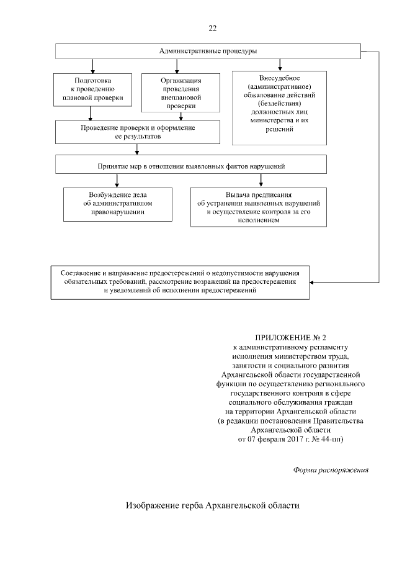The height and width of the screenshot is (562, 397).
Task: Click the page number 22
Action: [x=213, y=29]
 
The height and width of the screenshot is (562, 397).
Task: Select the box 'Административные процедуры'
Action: [x=208, y=51]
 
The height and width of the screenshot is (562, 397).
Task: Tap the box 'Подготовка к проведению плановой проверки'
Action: [x=93, y=89]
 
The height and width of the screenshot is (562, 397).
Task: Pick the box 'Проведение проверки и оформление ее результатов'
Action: [x=138, y=132]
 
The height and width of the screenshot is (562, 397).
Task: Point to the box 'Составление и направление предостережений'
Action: [x=180, y=282]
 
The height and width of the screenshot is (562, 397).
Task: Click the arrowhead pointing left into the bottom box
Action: [x=312, y=283]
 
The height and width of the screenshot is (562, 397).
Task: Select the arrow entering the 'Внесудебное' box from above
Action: [x=280, y=65]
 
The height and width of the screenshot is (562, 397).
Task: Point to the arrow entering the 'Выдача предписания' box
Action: [x=261, y=181]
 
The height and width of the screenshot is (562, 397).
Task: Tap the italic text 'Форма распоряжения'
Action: [x=331, y=469]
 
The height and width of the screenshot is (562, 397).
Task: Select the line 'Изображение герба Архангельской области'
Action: [x=213, y=505]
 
